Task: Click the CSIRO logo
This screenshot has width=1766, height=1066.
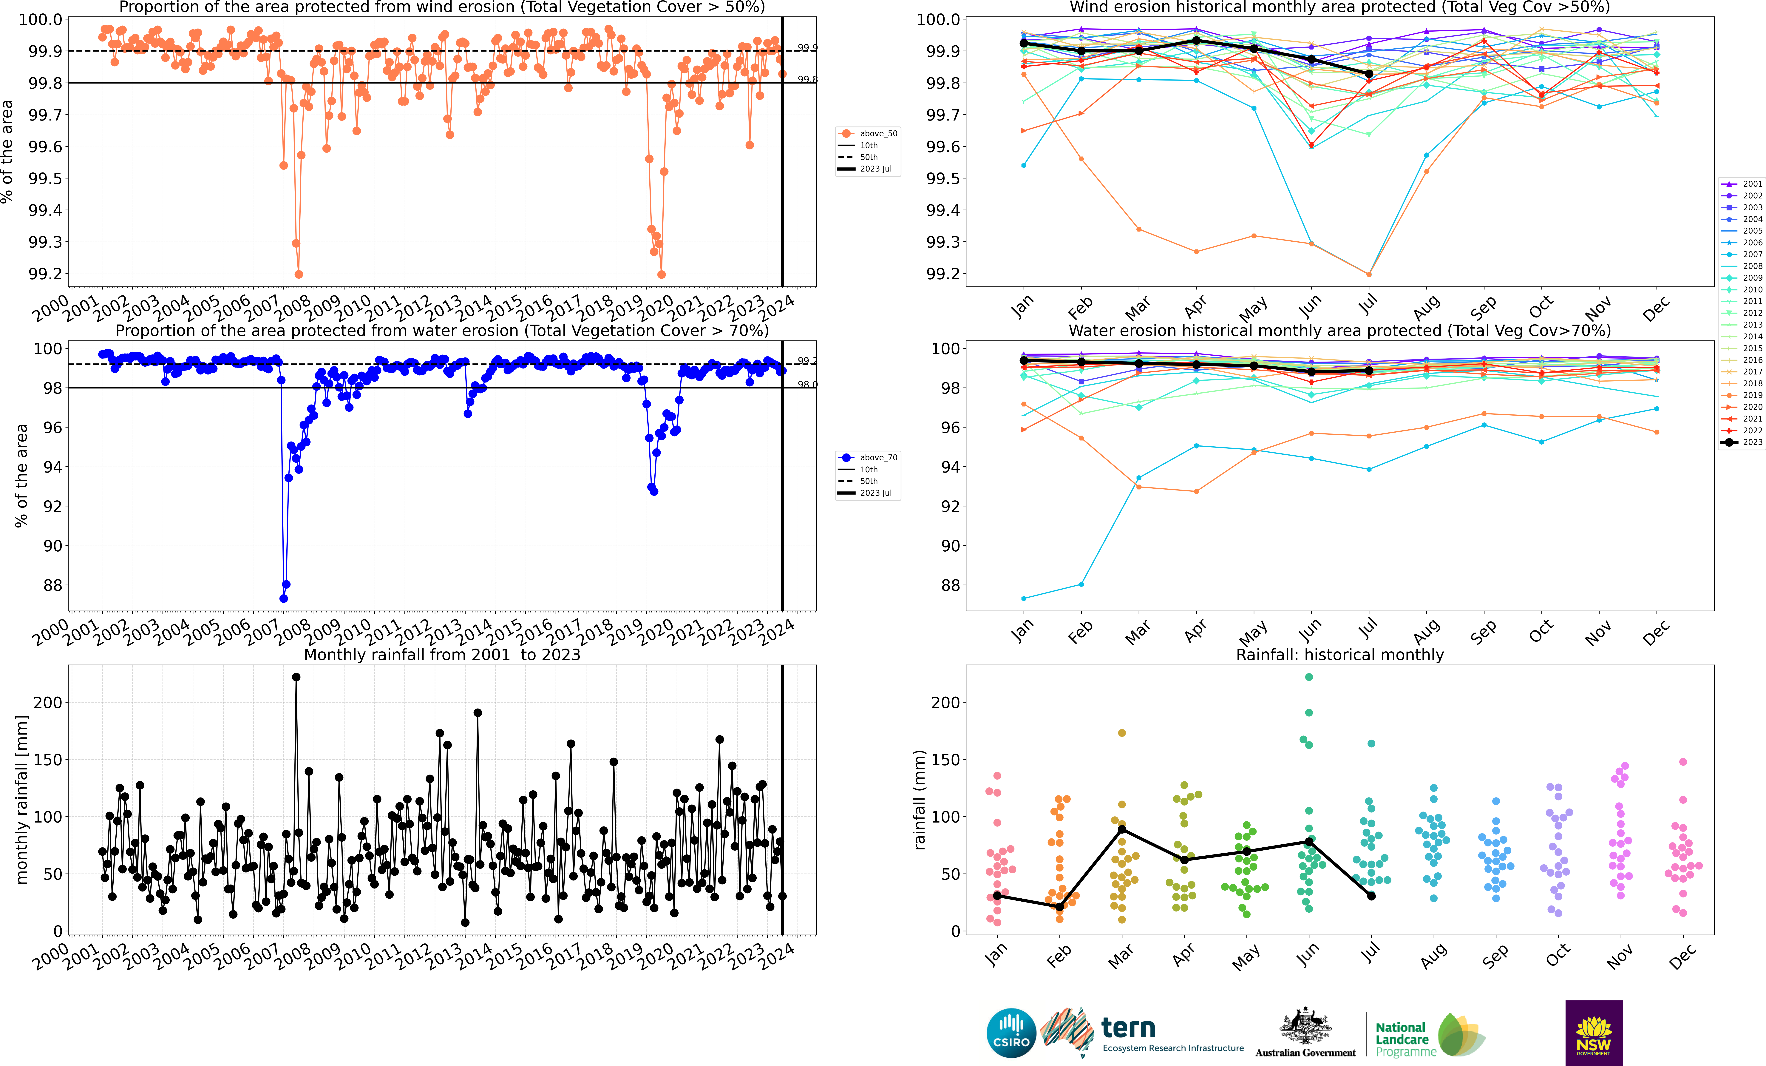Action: tap(1011, 1033)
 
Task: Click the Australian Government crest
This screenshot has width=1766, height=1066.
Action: tap(1305, 1027)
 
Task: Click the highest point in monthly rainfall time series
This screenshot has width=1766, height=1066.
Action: tap(296, 677)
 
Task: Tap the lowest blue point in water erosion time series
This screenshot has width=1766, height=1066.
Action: tap(283, 599)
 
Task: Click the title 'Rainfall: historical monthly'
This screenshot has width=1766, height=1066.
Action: tap(1339, 655)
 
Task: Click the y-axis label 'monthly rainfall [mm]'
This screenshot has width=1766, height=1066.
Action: tap(21, 799)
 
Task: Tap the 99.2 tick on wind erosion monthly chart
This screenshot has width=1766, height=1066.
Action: tap(940, 274)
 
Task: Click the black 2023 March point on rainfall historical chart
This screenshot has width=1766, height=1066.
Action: tap(1122, 829)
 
